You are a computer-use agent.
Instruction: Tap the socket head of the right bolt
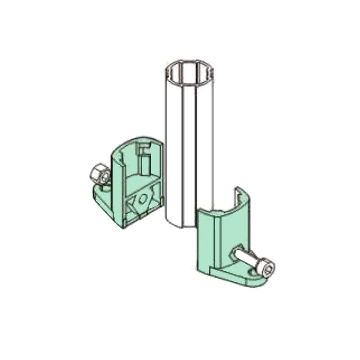tap(267, 269)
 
